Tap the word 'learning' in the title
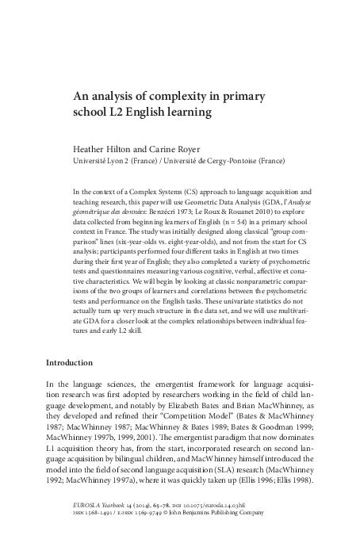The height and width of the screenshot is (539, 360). tap(187, 113)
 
